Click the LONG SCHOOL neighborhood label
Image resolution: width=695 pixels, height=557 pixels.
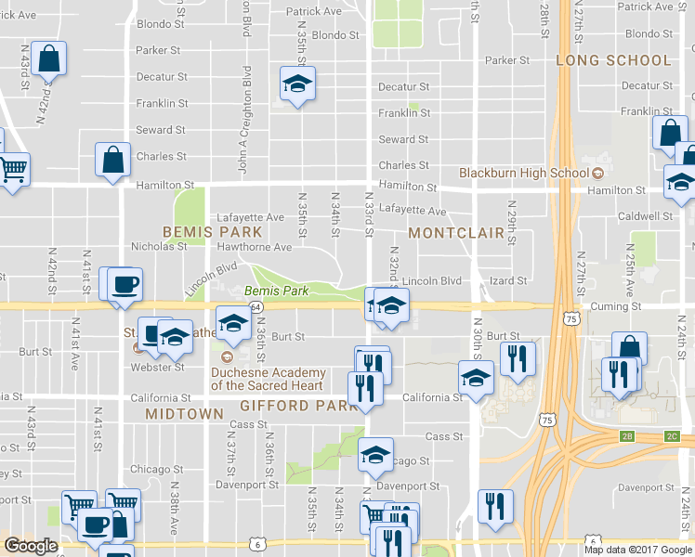point(613,60)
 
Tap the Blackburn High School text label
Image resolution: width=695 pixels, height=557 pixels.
point(524,173)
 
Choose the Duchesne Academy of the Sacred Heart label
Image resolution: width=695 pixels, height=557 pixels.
point(269,379)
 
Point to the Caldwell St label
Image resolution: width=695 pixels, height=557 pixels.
point(647,216)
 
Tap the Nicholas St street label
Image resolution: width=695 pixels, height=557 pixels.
point(159,247)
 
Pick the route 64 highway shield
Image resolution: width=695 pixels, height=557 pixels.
point(256,305)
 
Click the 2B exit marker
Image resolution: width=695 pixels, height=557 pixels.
point(627,434)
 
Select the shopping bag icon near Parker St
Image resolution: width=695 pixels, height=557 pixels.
point(48,58)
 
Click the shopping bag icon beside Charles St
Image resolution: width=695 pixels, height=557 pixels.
point(112,159)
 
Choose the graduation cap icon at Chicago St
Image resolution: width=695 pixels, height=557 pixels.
point(375,455)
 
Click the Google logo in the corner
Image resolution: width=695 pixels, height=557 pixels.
point(31,547)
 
